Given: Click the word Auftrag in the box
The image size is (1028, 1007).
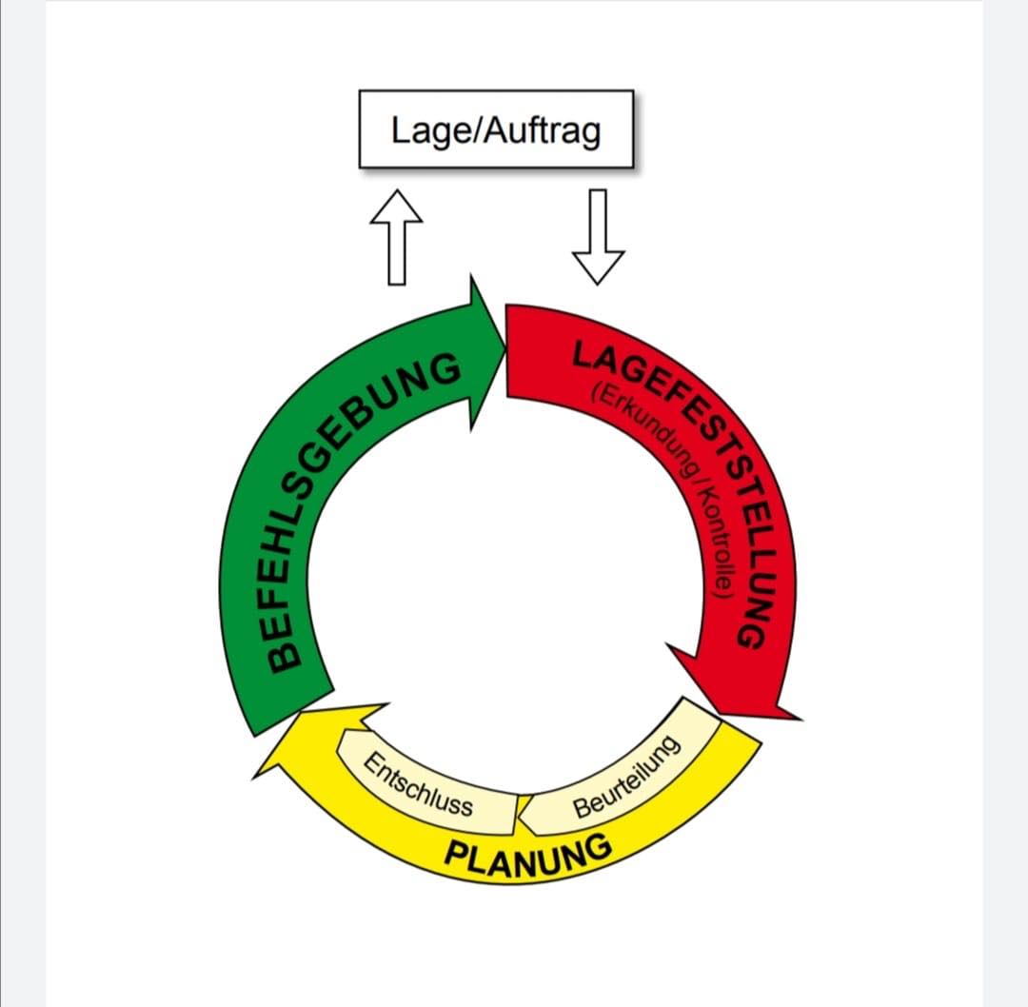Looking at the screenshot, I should click(x=544, y=130).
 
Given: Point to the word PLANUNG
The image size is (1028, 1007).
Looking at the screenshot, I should click(x=528, y=850).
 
